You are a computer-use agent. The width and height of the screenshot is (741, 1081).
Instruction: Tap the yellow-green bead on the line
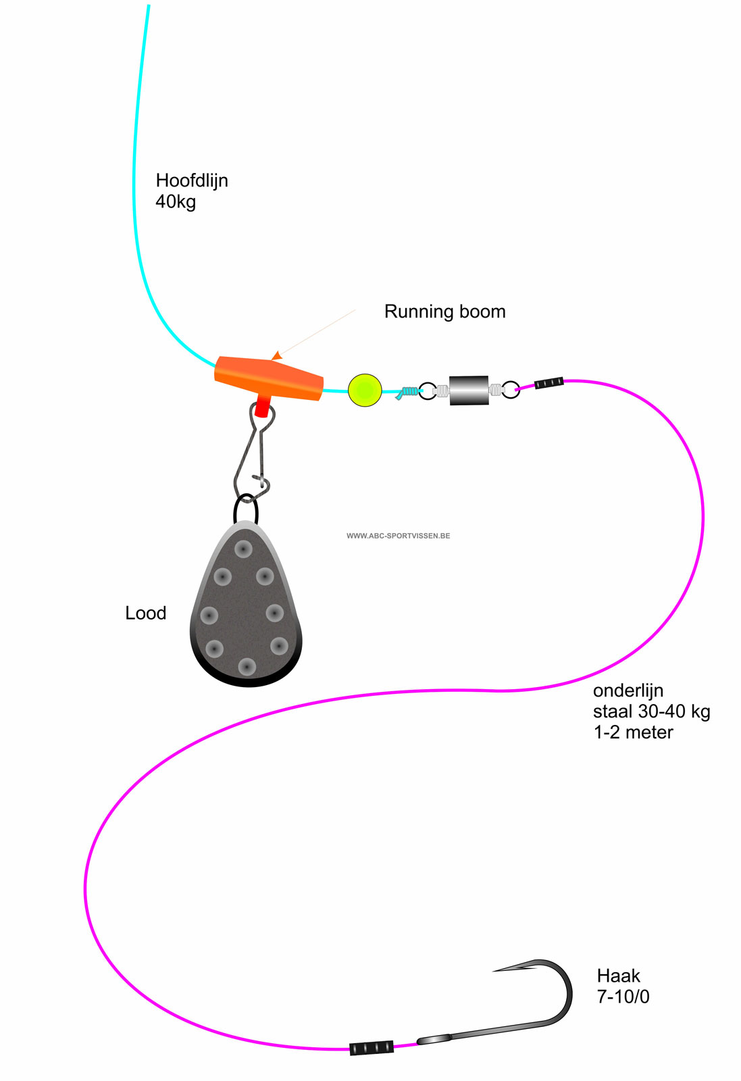365,390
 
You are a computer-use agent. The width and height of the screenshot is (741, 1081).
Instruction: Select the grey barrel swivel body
469,391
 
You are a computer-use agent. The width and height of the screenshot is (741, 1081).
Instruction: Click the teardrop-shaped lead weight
247,608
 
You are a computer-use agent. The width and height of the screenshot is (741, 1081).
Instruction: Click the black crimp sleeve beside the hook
372,1048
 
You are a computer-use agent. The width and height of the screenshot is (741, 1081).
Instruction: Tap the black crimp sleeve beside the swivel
548,383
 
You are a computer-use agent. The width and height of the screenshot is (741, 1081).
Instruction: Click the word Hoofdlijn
192,180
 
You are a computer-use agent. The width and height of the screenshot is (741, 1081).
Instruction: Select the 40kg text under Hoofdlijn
176,201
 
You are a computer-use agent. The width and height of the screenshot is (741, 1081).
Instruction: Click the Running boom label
444,311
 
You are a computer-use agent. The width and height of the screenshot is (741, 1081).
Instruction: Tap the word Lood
145,613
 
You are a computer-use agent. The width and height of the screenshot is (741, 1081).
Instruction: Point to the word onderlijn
628,690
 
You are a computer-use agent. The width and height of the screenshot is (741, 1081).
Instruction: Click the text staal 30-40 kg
651,711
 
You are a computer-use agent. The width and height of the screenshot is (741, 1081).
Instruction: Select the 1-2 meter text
633,732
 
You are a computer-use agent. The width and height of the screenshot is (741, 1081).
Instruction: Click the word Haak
618,976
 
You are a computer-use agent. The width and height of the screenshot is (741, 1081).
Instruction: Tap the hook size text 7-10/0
623,997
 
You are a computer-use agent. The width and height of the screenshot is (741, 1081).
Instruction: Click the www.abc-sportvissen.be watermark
398,536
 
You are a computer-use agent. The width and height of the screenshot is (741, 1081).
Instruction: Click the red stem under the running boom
262,407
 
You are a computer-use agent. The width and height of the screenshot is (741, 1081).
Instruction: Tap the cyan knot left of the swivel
407,392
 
